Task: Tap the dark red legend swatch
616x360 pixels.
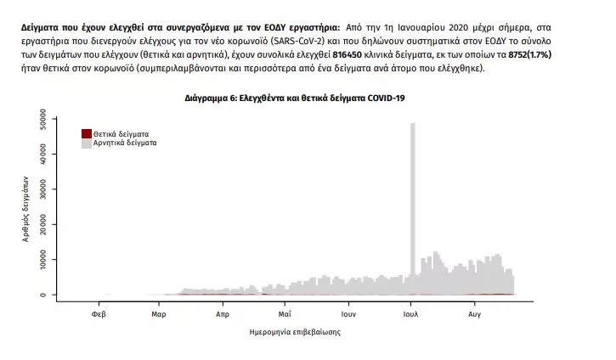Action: point(87,133)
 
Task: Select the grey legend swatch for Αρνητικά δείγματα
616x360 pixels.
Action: point(87,143)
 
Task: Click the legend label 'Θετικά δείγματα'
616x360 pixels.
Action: point(121,134)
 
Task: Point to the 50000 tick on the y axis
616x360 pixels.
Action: point(42,119)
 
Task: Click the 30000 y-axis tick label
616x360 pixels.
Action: point(42,189)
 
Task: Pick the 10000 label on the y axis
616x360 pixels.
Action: point(42,260)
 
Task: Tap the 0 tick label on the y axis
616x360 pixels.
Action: point(42,295)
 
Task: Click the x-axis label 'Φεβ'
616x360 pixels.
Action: point(99,314)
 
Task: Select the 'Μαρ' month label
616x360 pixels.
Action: point(159,314)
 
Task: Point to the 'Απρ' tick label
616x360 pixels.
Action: point(223,314)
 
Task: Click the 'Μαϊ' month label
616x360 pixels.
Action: point(285,314)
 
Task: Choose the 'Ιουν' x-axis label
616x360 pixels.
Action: point(348,314)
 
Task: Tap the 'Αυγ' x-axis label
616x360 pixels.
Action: point(475,314)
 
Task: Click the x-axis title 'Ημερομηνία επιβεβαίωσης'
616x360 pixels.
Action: point(295,332)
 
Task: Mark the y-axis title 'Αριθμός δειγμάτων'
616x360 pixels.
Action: point(25,209)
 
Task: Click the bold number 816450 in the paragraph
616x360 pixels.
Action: point(347,54)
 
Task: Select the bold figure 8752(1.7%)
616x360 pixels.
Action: point(530,54)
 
